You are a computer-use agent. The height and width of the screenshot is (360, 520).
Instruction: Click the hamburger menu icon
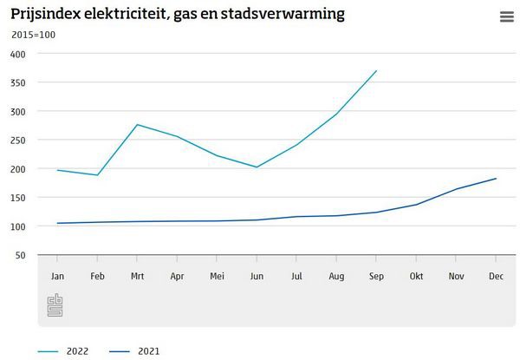coord(507,17)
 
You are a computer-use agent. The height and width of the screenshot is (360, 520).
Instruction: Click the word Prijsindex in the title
coord(46,14)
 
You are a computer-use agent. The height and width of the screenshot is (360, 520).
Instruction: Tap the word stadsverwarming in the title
coord(289,14)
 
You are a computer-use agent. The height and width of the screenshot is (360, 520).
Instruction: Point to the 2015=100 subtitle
coord(32,35)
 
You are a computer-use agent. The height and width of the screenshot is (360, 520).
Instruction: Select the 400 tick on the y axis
coord(18,54)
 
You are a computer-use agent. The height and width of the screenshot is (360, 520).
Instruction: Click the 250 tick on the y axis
coord(18,140)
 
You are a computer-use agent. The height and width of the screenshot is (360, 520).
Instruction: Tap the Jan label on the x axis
coord(57,276)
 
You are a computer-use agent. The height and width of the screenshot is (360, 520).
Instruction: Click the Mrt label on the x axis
coord(137,276)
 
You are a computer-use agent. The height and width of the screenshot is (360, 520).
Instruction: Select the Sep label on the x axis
coord(375,276)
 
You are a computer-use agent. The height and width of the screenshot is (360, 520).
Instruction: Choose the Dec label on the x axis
coord(495,276)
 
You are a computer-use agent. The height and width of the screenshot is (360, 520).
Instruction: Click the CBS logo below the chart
coord(56,304)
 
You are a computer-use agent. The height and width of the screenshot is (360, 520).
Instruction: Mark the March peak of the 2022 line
coord(137,124)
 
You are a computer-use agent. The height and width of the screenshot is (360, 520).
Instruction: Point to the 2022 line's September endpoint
coord(376,70)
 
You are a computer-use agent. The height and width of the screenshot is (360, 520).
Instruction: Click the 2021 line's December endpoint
coord(495,179)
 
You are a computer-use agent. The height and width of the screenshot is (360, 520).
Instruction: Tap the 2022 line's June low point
coord(257,167)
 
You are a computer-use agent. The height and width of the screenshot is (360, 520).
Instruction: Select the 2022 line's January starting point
coord(57,170)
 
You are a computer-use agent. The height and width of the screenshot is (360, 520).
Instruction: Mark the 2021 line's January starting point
coord(57,223)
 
